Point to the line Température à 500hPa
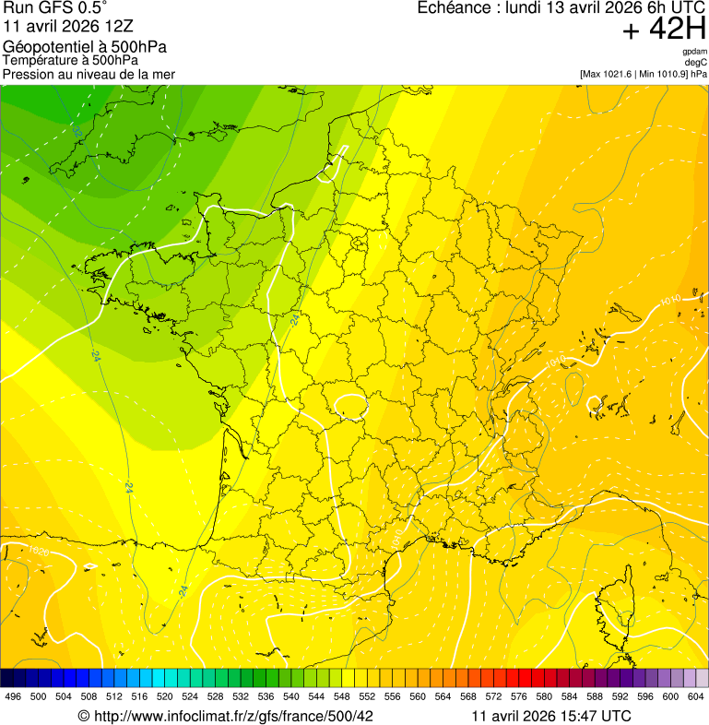[x=70, y=60]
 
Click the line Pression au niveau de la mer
[x=89, y=74]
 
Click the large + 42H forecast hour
[x=664, y=30]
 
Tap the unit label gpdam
[x=694, y=52]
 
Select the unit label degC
[x=696, y=63]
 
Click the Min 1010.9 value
[x=660, y=74]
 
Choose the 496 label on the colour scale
[x=13, y=696]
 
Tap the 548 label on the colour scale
[x=341, y=696]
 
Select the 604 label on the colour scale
[x=695, y=696]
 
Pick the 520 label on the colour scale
[x=164, y=696]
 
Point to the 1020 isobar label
[x=38, y=552]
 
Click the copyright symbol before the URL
[x=83, y=716]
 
